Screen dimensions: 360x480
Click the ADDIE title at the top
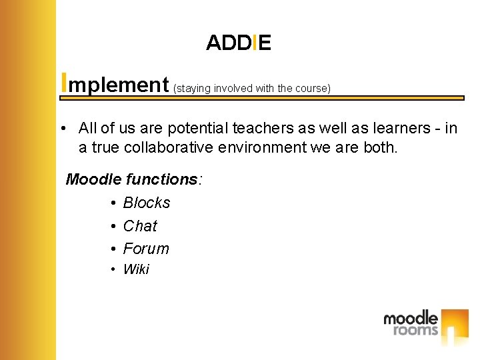tap(238, 43)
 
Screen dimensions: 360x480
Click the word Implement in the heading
tap(115, 84)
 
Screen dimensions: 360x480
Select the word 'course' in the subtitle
tap(311, 88)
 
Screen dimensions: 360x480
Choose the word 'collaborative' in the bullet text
tap(156, 147)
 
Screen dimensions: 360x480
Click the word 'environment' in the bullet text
tap(256, 147)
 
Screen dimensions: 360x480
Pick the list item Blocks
tap(147, 203)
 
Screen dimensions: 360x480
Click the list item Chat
tap(140, 226)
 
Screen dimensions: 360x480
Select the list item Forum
tap(146, 249)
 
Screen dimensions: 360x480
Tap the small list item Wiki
tap(136, 269)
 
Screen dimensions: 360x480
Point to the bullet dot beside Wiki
tap(115, 269)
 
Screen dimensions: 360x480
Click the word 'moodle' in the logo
tap(410, 318)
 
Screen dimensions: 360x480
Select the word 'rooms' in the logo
tap(415, 330)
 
